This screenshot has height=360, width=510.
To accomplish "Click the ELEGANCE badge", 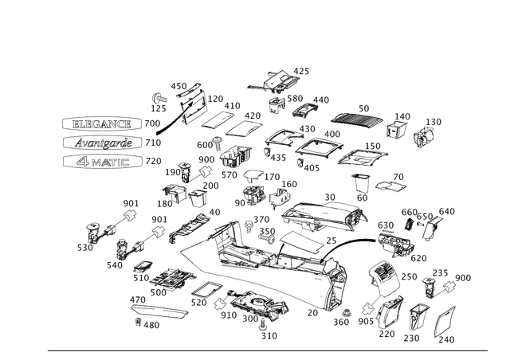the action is (x=102, y=124).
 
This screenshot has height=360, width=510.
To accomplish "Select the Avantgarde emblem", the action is (x=103, y=143).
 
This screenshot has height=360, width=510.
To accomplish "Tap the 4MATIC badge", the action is (x=103, y=162).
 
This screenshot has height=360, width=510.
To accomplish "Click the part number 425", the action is (x=301, y=71).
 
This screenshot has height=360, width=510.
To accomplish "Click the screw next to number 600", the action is (x=217, y=143).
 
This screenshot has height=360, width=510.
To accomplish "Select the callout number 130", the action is (x=433, y=122).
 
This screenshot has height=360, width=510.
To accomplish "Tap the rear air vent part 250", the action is (x=384, y=277).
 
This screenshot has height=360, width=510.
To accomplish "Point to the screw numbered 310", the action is (x=263, y=324).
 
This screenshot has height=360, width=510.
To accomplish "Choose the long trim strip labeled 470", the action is (x=159, y=311).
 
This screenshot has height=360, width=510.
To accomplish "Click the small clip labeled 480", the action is (x=138, y=322).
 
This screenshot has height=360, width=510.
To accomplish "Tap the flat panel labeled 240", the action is (x=445, y=321).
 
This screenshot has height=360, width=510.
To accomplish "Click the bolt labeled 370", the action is (x=249, y=226).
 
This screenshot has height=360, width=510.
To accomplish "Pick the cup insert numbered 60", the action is (x=361, y=182).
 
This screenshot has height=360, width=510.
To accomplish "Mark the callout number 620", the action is (x=418, y=258).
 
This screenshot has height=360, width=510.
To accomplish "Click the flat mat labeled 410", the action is (x=218, y=119).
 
